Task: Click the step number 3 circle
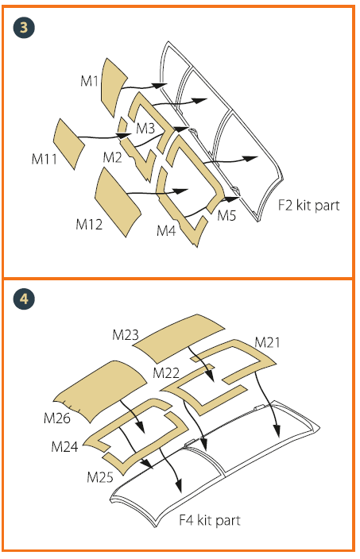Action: tap(24, 28)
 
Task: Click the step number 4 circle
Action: tap(24, 299)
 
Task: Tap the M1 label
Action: tap(89, 81)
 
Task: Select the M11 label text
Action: tap(45, 159)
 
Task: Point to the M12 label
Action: tap(89, 224)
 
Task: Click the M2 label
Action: tap(112, 157)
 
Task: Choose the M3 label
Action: tap(145, 128)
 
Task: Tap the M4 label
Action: tap(166, 230)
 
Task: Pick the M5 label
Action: tap(227, 215)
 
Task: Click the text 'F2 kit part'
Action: tap(308, 206)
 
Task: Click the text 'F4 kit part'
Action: tap(210, 520)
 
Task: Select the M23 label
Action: tap(126, 335)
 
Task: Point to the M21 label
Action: tap(267, 342)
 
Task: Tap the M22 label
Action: tap(166, 373)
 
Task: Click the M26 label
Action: tap(57, 418)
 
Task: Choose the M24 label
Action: tap(64, 446)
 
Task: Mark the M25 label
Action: tap(100, 476)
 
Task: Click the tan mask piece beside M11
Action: tap(68, 143)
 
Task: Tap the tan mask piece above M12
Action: tap(117, 202)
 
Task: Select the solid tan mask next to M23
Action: tap(180, 336)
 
